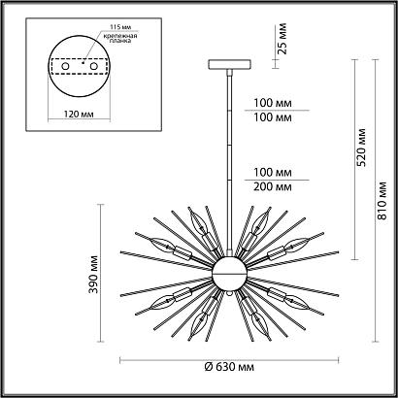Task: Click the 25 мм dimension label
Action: (282, 38)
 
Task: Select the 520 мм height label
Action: (362, 148)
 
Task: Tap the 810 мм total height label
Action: (382, 201)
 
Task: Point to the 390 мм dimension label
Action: (93, 275)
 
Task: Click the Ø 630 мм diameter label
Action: (229, 367)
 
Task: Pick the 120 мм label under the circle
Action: (79, 115)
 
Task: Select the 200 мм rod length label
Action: (273, 187)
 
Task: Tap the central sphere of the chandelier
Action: (229, 274)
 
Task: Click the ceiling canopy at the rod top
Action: (229, 64)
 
